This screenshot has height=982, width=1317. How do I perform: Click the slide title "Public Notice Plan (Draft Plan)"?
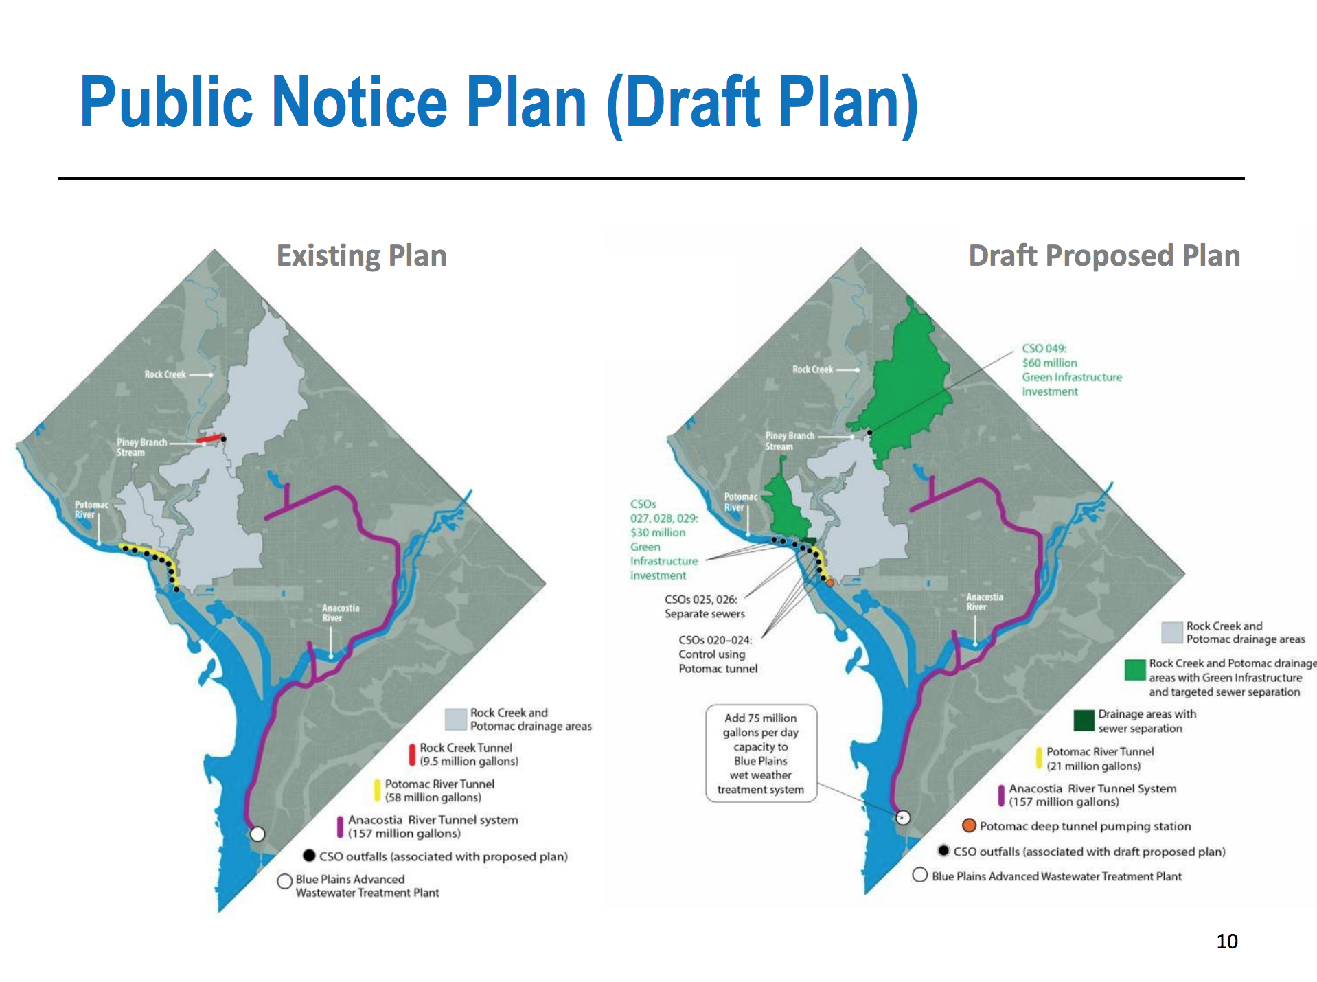tap(499, 103)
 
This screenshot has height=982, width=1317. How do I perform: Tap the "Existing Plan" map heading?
tap(361, 255)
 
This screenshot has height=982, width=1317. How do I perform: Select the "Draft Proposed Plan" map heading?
tap(1104, 255)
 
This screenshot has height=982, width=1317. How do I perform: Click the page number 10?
tap(1226, 941)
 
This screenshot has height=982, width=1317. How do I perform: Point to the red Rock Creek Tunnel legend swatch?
tap(412, 755)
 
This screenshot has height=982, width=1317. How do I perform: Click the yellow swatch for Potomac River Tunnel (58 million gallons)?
tap(377, 790)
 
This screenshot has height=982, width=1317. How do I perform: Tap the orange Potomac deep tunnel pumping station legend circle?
tap(969, 825)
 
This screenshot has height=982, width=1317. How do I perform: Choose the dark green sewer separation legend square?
tap(1084, 721)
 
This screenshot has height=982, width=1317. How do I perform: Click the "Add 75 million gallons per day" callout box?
tap(761, 753)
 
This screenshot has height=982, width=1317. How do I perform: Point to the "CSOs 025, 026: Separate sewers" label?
tap(705, 606)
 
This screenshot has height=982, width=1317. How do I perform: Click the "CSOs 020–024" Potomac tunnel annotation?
tap(718, 654)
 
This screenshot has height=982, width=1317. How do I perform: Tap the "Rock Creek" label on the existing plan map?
tap(165, 374)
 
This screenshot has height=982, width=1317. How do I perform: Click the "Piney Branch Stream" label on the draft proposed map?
tap(790, 441)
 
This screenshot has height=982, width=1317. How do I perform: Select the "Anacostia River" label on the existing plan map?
tap(341, 613)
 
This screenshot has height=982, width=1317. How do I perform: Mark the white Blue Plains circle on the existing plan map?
tap(257, 834)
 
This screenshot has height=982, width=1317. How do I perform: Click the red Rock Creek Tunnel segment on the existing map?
tap(209, 438)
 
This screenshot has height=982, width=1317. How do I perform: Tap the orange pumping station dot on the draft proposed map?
tap(829, 582)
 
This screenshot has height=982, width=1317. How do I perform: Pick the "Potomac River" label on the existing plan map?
tap(91, 510)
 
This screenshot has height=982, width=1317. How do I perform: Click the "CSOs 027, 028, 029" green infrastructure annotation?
tap(664, 540)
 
